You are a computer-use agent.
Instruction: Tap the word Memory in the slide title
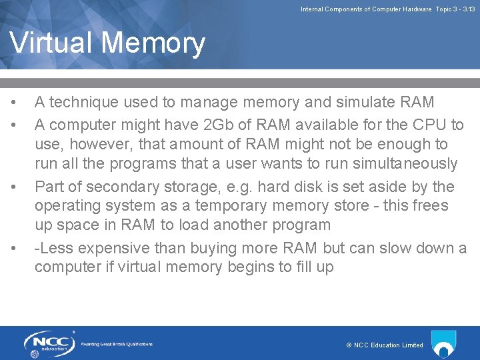(x=155, y=43)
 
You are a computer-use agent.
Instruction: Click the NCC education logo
(x=48, y=343)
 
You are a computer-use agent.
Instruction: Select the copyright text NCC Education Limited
(x=385, y=345)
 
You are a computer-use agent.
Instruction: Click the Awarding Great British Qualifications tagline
(x=117, y=344)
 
